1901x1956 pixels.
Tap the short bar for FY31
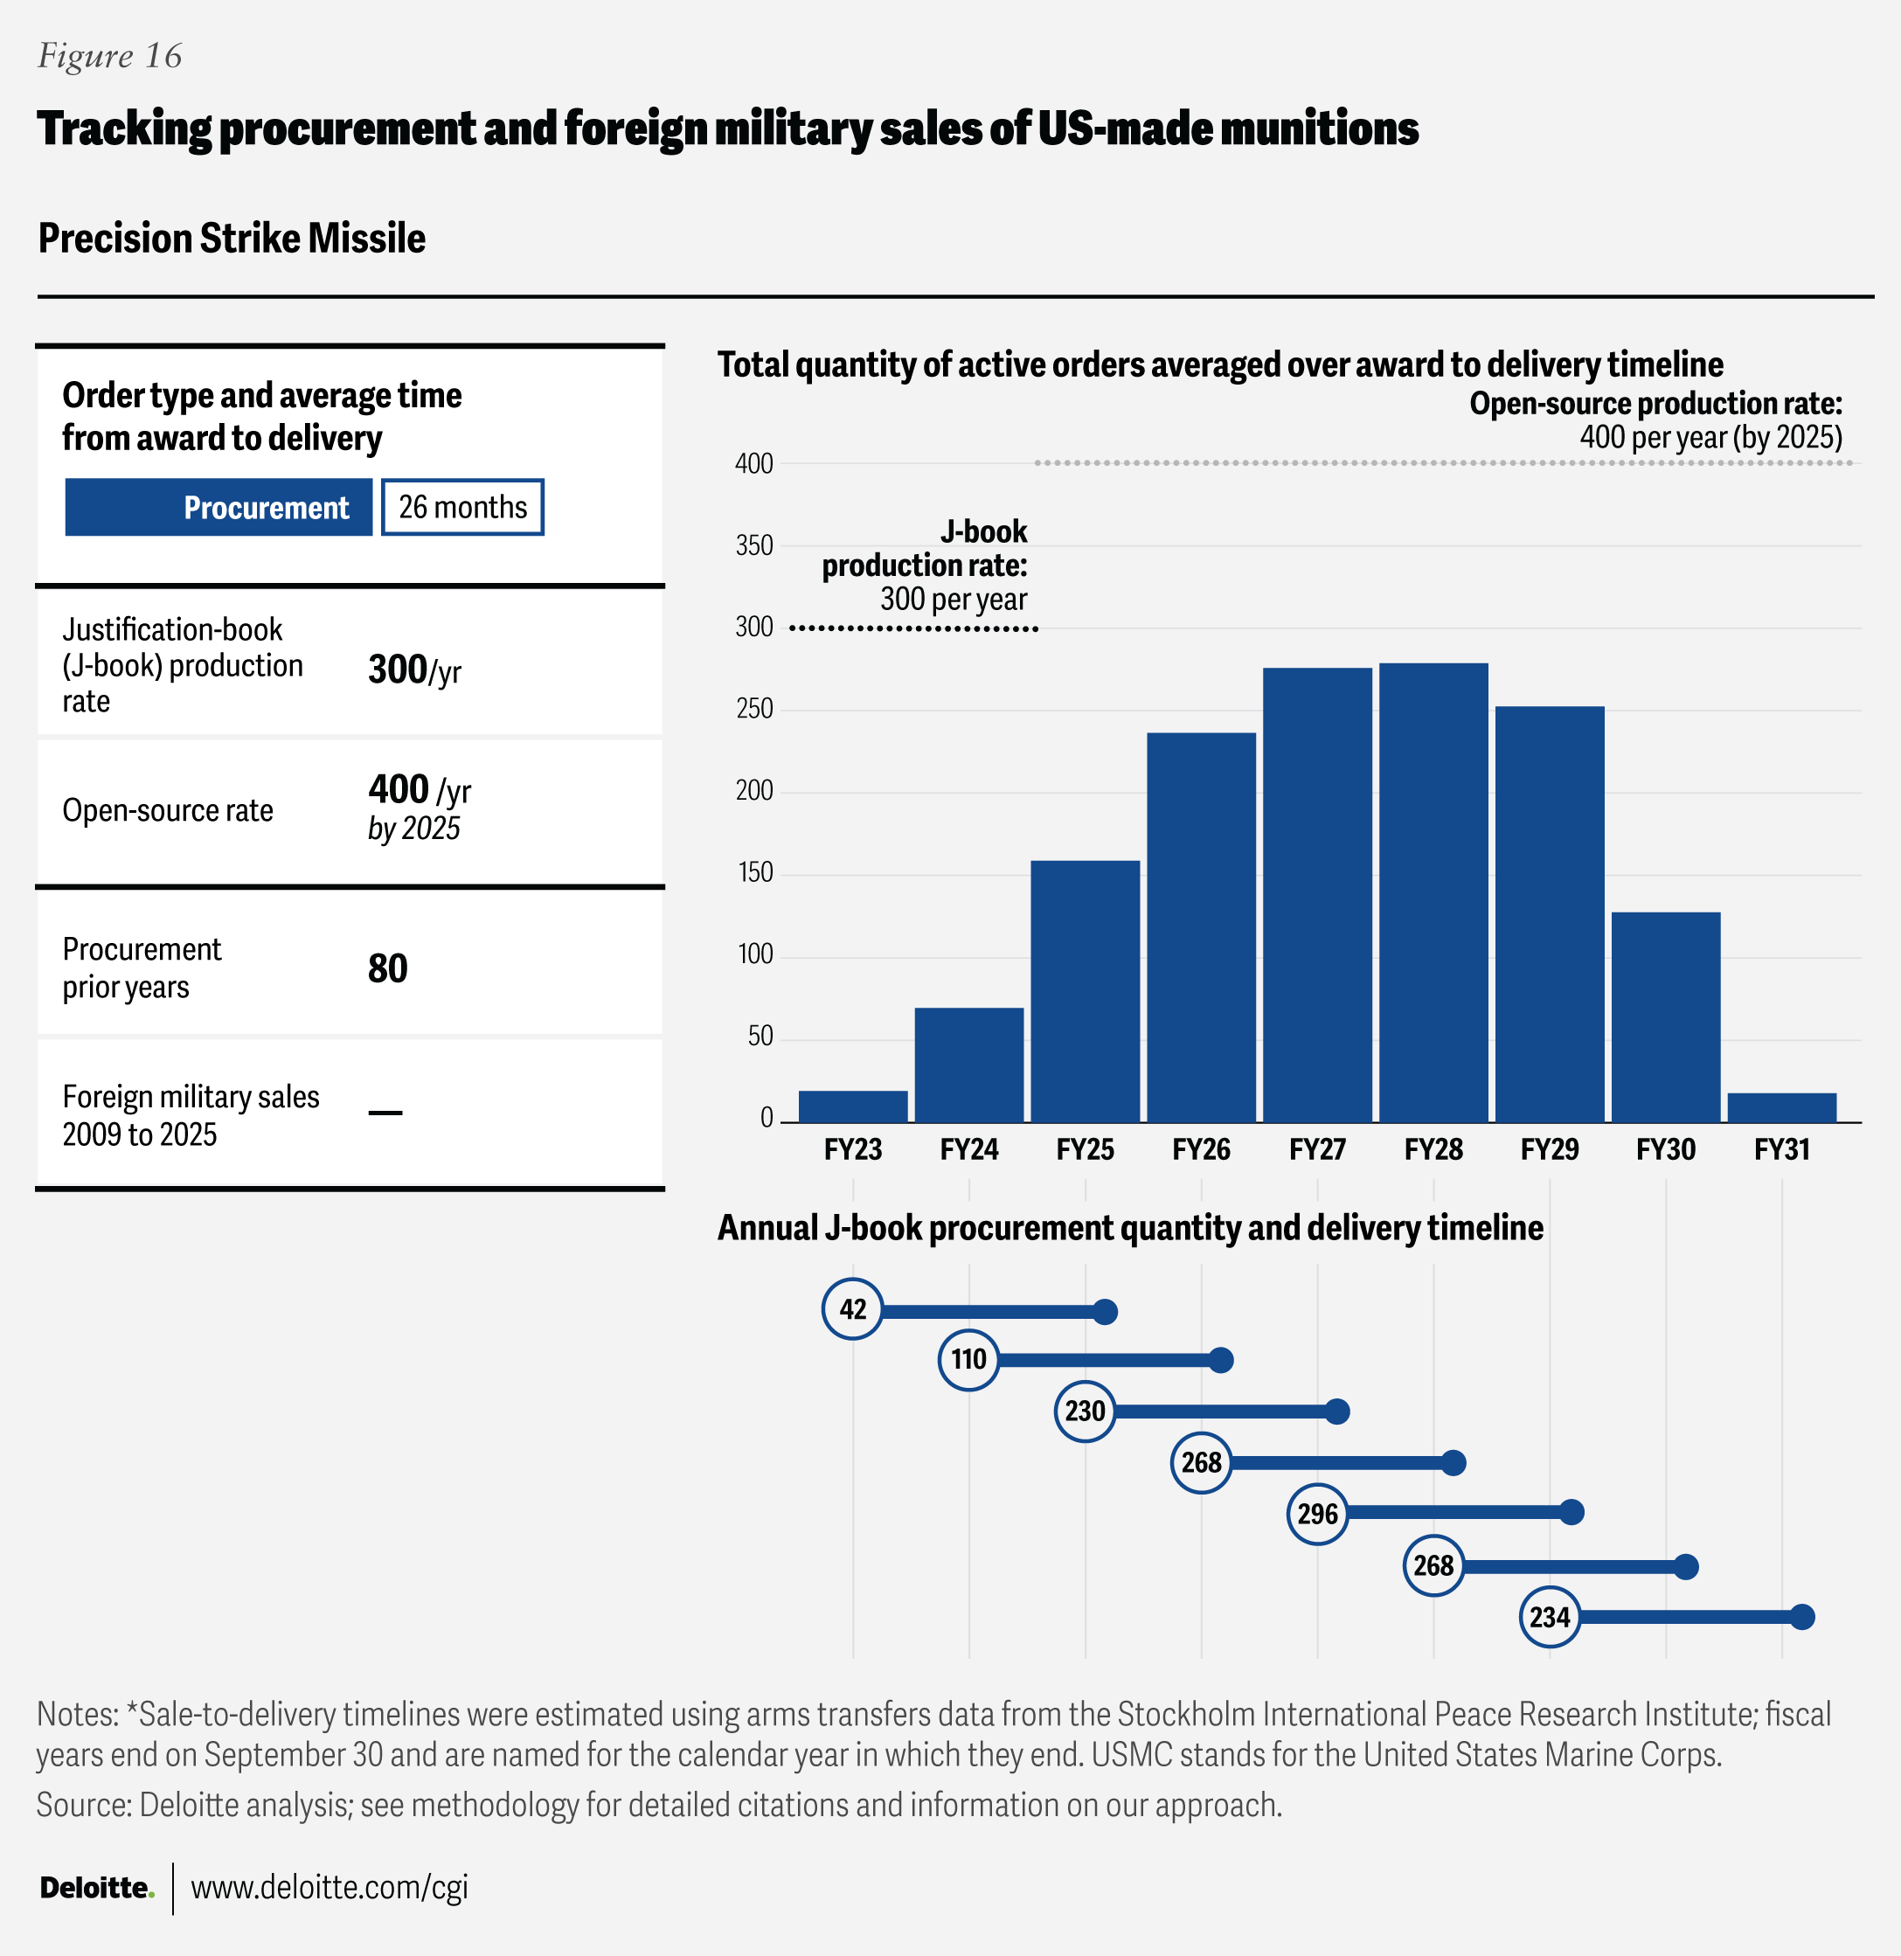[1781, 1107]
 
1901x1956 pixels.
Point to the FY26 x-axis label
[1201, 1149]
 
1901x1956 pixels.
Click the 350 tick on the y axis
[753, 545]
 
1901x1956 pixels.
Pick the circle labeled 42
[853, 1309]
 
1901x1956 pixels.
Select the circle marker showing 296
[1317, 1514]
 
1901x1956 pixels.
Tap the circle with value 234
[1550, 1617]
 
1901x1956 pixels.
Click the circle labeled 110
[968, 1359]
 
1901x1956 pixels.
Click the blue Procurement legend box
[219, 507]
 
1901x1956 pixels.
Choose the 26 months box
[462, 507]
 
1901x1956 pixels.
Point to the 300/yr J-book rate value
[413, 669]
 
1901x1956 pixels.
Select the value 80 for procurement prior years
[387, 968]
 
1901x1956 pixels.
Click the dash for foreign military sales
[385, 1113]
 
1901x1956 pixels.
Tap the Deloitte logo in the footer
[97, 1887]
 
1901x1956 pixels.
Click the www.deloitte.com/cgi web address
[329, 1887]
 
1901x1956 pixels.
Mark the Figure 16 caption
[110, 56]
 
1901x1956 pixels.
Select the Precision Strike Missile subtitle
[232, 239]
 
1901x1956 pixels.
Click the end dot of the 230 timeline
[1338, 1411]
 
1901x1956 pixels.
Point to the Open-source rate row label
[168, 810]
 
